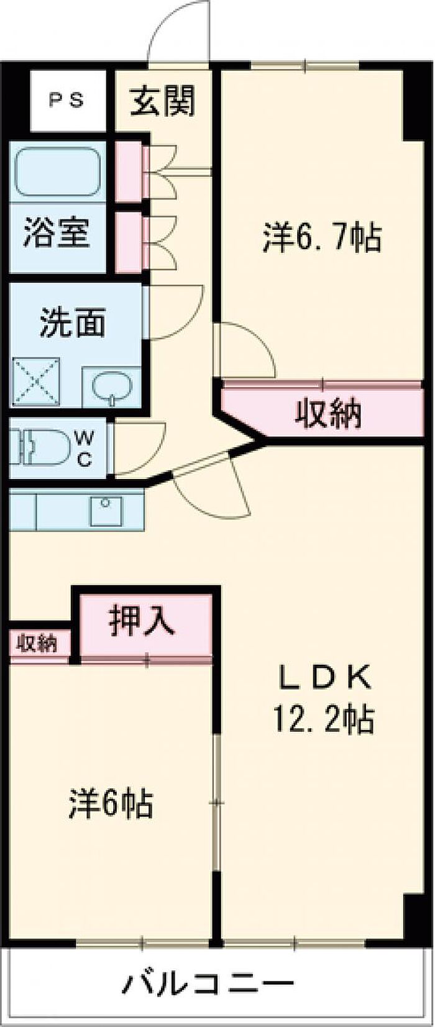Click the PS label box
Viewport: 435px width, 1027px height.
pos(67,101)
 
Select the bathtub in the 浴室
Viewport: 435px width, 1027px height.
pos(57,171)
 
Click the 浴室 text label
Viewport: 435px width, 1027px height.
pos(57,231)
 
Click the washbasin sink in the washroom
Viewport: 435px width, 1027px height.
pos(112,386)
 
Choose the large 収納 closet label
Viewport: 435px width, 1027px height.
pos(327,413)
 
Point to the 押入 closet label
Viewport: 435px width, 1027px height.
pos(142,619)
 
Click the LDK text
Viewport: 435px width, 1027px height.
pos(324,678)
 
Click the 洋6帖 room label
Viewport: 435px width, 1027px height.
pos(111,803)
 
